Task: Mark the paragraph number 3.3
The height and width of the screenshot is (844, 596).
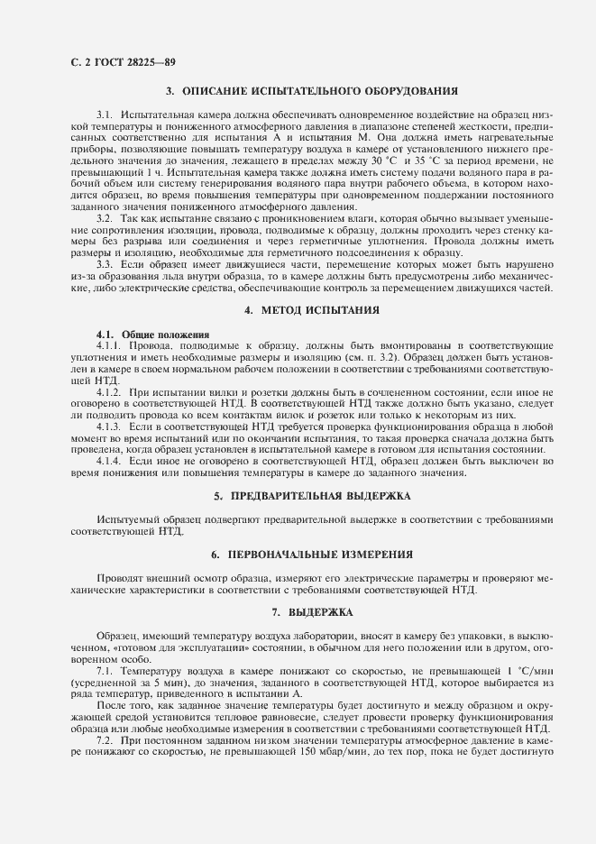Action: pyautogui.click(x=105, y=265)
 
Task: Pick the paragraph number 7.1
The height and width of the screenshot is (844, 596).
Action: pyautogui.click(x=105, y=673)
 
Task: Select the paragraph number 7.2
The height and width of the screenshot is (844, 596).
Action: pyautogui.click(x=105, y=738)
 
